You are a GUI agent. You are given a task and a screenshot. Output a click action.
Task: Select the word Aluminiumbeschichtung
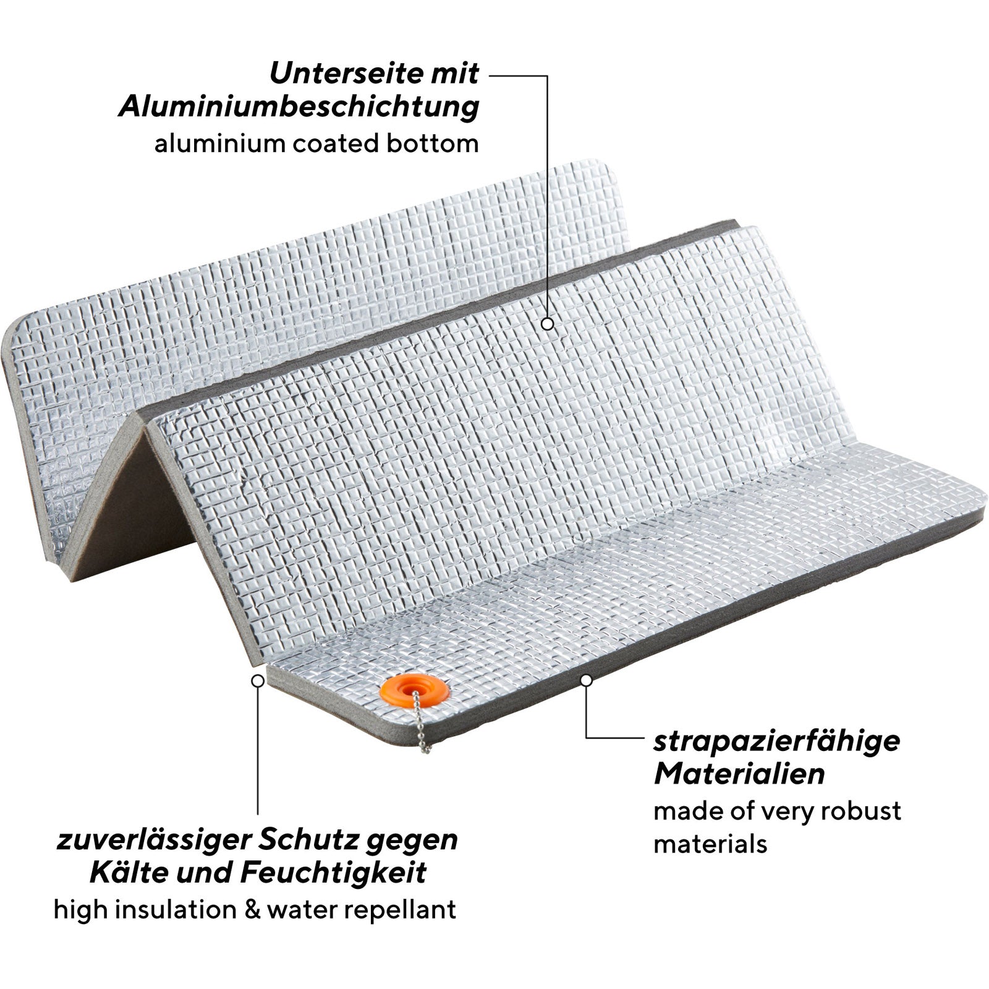[299, 106]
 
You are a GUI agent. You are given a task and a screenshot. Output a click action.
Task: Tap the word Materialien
[739, 774]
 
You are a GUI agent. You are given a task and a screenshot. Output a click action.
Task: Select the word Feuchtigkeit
[333, 873]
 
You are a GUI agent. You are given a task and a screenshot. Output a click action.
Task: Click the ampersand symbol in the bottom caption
[251, 910]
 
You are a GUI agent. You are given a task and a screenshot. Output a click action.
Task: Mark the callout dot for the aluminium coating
[547, 323]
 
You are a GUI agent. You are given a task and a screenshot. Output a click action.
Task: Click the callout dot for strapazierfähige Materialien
[587, 680]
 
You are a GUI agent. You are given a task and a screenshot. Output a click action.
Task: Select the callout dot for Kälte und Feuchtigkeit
[258, 681]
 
